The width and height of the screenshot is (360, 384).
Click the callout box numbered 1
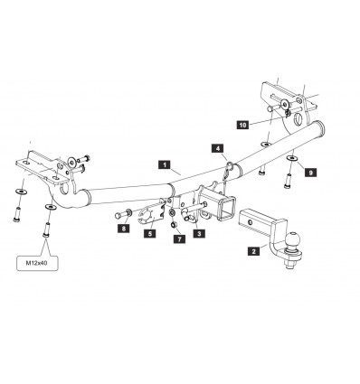point(163,165)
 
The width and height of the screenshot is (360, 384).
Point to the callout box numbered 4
point(218,147)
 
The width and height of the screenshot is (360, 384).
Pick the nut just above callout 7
point(172,225)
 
